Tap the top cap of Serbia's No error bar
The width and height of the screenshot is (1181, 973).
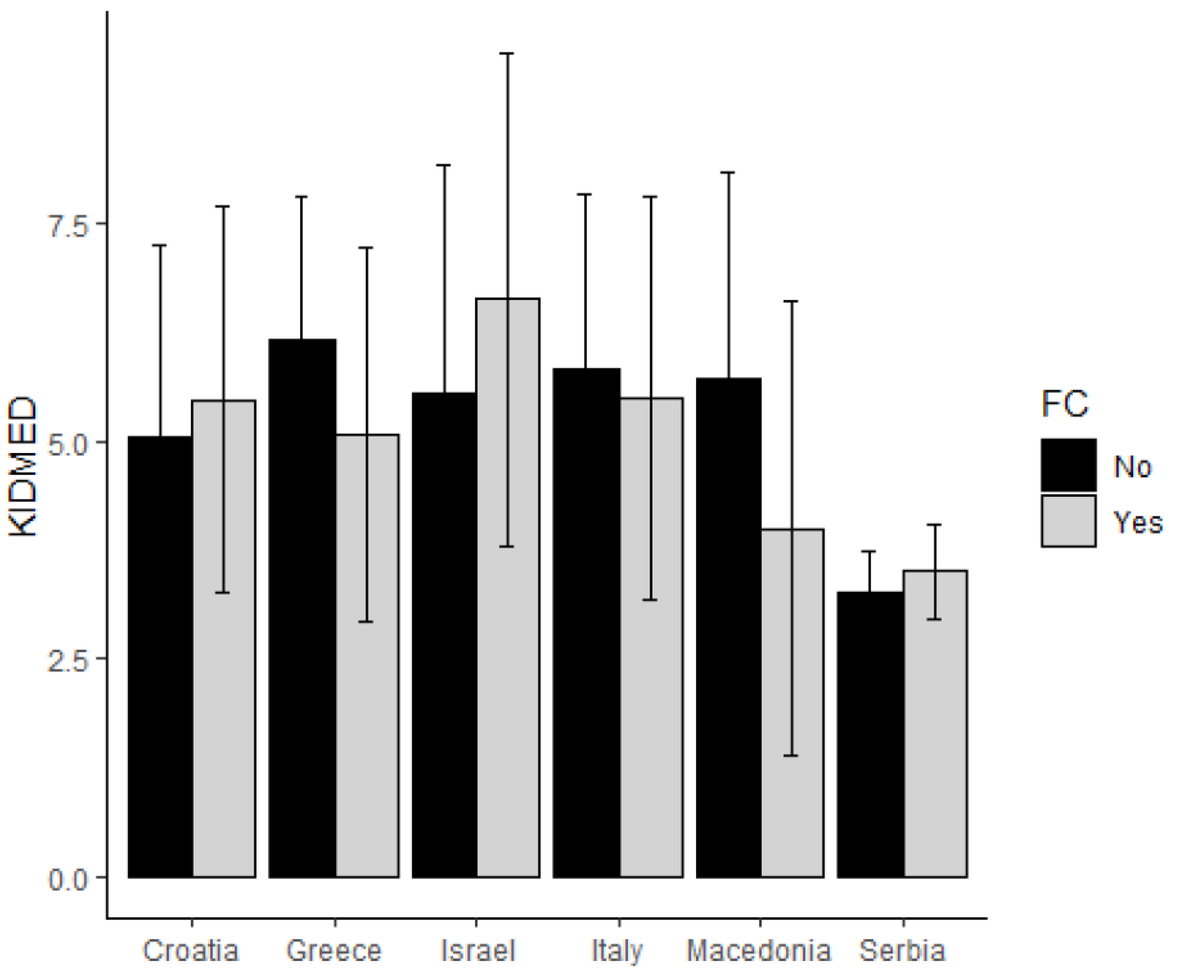[x=869, y=552]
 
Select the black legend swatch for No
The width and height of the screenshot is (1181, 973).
[x=1068, y=466]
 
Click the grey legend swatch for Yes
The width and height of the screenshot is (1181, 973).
[x=1068, y=521]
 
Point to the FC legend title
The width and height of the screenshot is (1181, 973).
[x=1064, y=403]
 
